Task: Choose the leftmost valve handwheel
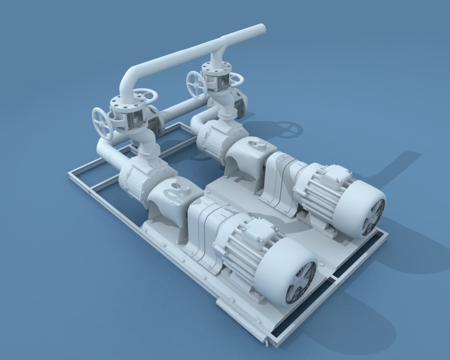[x=103, y=123]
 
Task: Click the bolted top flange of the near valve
[x=124, y=105]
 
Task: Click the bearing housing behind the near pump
[x=171, y=198]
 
